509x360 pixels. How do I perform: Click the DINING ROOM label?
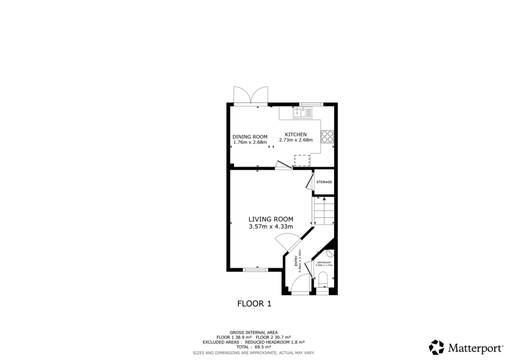250,137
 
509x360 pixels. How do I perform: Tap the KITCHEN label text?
296,134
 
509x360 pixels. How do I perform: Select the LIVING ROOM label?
271,219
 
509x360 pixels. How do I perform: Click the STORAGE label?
324,182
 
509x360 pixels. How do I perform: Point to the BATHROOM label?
324,262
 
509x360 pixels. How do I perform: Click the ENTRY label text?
297,261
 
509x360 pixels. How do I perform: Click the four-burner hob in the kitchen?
327,136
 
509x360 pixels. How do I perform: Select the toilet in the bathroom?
323,279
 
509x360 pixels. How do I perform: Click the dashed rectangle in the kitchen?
302,160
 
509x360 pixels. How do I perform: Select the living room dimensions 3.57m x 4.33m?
271,227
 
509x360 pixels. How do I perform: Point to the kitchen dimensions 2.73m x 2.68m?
296,140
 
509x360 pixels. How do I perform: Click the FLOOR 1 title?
254,303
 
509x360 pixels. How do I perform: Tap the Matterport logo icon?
436,347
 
